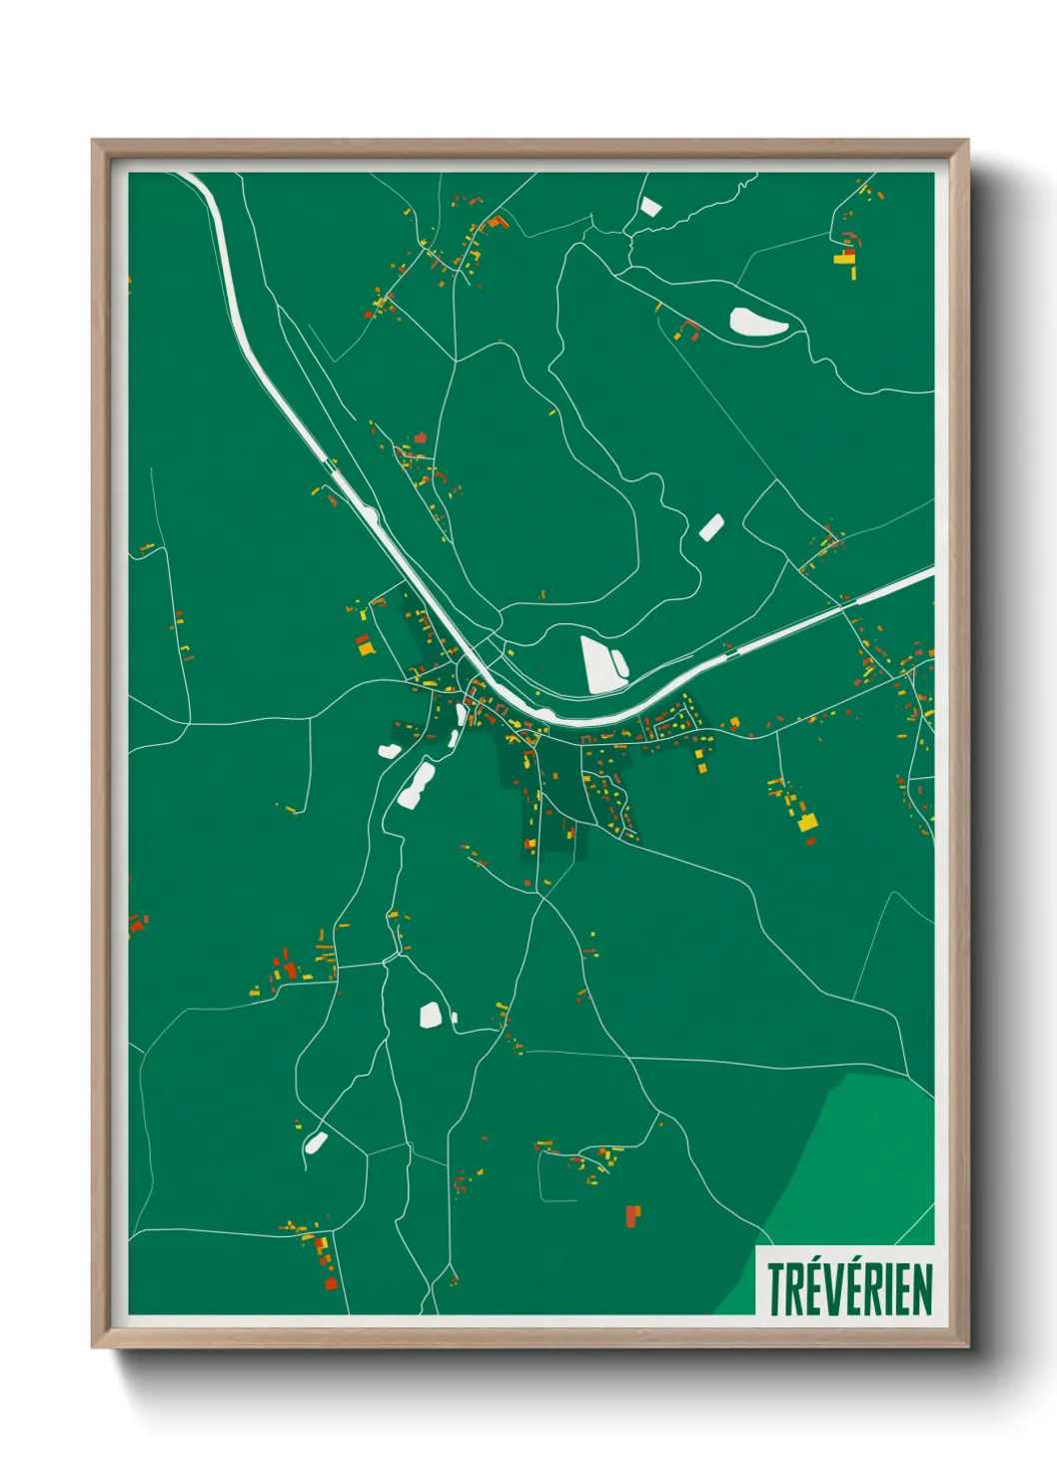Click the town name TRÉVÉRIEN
[849, 1289]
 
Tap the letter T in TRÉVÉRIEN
[775, 1289]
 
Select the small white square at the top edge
[650, 207]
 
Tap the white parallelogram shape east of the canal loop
[710, 527]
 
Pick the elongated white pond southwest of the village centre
[416, 785]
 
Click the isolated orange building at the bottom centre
[631, 1215]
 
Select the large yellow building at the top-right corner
[844, 259]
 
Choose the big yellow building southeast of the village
[807, 822]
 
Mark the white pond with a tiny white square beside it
[431, 1015]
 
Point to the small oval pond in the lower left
[316, 1141]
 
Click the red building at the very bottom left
[331, 1283]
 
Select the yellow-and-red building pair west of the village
[365, 645]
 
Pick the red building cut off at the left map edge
[135, 924]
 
